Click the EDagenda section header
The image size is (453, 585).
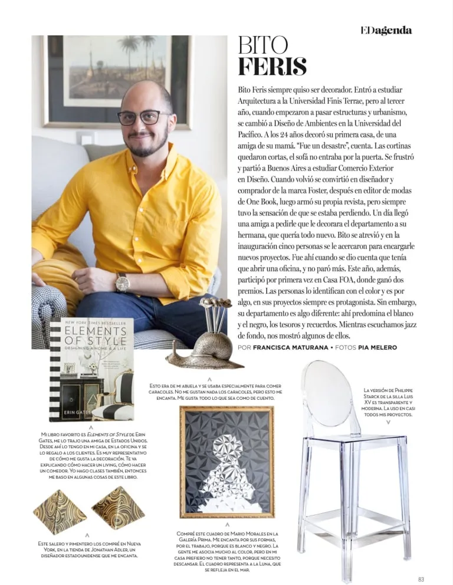click(x=386, y=31)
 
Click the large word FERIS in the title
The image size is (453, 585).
click(x=272, y=67)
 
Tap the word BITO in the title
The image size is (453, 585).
click(x=262, y=45)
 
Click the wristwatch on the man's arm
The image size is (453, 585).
click(x=122, y=282)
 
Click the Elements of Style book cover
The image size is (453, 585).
click(x=91, y=369)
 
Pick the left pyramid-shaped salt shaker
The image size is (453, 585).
click(x=58, y=511)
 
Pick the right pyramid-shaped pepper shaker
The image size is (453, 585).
click(x=118, y=507)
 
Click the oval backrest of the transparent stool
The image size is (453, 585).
click(x=326, y=394)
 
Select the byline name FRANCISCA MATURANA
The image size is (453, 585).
click(x=290, y=347)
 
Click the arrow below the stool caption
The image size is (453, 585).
click(x=388, y=422)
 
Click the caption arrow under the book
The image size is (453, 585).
click(x=90, y=426)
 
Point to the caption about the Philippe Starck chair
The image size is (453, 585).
click(x=389, y=402)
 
